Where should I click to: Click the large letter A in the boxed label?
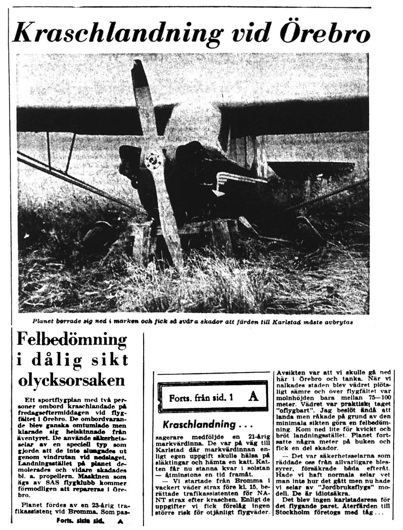coord(254,397)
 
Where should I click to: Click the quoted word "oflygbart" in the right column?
coord(291,410)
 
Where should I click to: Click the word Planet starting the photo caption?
coord(43,321)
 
